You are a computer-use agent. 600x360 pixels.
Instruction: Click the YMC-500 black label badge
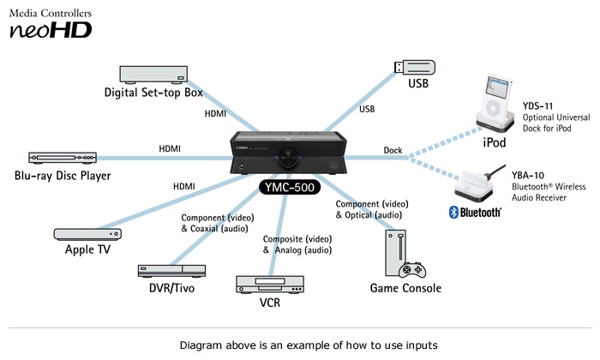(x=290, y=187)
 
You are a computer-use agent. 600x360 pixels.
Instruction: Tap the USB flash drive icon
(x=415, y=68)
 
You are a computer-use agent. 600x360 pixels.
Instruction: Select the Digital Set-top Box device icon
(x=153, y=75)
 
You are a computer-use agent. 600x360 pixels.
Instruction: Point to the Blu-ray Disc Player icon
(x=63, y=158)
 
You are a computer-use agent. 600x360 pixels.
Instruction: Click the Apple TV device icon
(x=87, y=234)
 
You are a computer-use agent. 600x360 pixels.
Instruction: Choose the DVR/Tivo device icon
(x=171, y=271)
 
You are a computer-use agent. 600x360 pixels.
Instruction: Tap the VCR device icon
(x=270, y=285)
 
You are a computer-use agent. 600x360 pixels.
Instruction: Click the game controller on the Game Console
(x=412, y=270)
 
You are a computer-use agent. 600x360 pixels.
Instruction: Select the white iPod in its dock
(x=495, y=104)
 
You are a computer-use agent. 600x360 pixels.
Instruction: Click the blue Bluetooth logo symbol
(x=453, y=213)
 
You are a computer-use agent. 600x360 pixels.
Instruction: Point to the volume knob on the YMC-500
(x=288, y=157)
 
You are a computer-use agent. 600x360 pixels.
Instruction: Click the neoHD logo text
(x=51, y=30)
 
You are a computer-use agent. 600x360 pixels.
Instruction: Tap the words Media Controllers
(x=51, y=14)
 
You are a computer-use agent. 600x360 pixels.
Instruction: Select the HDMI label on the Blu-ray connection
(x=170, y=148)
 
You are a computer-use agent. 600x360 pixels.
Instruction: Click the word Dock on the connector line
(x=393, y=150)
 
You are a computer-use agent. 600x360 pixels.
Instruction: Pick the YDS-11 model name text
(x=537, y=106)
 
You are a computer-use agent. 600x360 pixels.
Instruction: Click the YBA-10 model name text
(x=528, y=175)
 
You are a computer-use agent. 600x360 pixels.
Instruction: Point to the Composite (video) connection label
(x=297, y=239)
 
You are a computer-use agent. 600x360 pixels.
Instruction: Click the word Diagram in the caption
(x=201, y=345)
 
